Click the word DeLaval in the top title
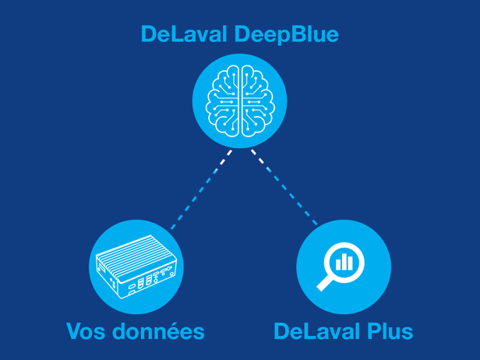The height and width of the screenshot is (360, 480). [182, 34]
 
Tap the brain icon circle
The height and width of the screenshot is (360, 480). [240, 101]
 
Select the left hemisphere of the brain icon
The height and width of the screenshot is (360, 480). [224, 99]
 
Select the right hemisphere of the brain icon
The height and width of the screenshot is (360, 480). [256, 99]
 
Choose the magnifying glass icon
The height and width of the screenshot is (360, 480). [343, 267]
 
